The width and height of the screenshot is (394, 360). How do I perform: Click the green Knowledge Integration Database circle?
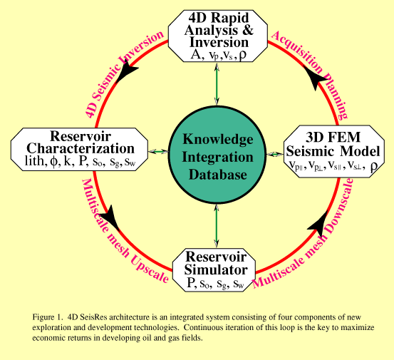pos(217,155)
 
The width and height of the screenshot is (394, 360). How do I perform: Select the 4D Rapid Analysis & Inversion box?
pos(218,36)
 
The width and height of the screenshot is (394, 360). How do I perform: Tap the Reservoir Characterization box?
pos(79,149)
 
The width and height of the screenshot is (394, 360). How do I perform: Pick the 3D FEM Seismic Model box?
pos(334,151)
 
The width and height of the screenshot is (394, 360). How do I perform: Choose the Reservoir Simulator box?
pos(214,270)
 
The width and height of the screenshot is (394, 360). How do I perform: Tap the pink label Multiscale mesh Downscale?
pos(304,233)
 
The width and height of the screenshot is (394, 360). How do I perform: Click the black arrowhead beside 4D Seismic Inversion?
pos(128,70)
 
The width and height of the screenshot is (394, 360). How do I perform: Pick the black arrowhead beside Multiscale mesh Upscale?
pos(110,217)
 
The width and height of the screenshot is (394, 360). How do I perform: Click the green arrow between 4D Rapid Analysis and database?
pos(217,84)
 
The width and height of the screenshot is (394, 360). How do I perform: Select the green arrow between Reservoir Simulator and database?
pos(217,226)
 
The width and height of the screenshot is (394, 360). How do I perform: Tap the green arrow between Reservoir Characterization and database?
pos(158,151)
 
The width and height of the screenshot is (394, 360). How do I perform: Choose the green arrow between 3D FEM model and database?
pos(275,154)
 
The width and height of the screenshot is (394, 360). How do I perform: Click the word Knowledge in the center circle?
pos(217,139)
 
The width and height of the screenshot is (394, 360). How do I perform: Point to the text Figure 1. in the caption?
pos(47,317)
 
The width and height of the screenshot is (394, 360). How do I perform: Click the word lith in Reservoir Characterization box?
pos(36,161)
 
